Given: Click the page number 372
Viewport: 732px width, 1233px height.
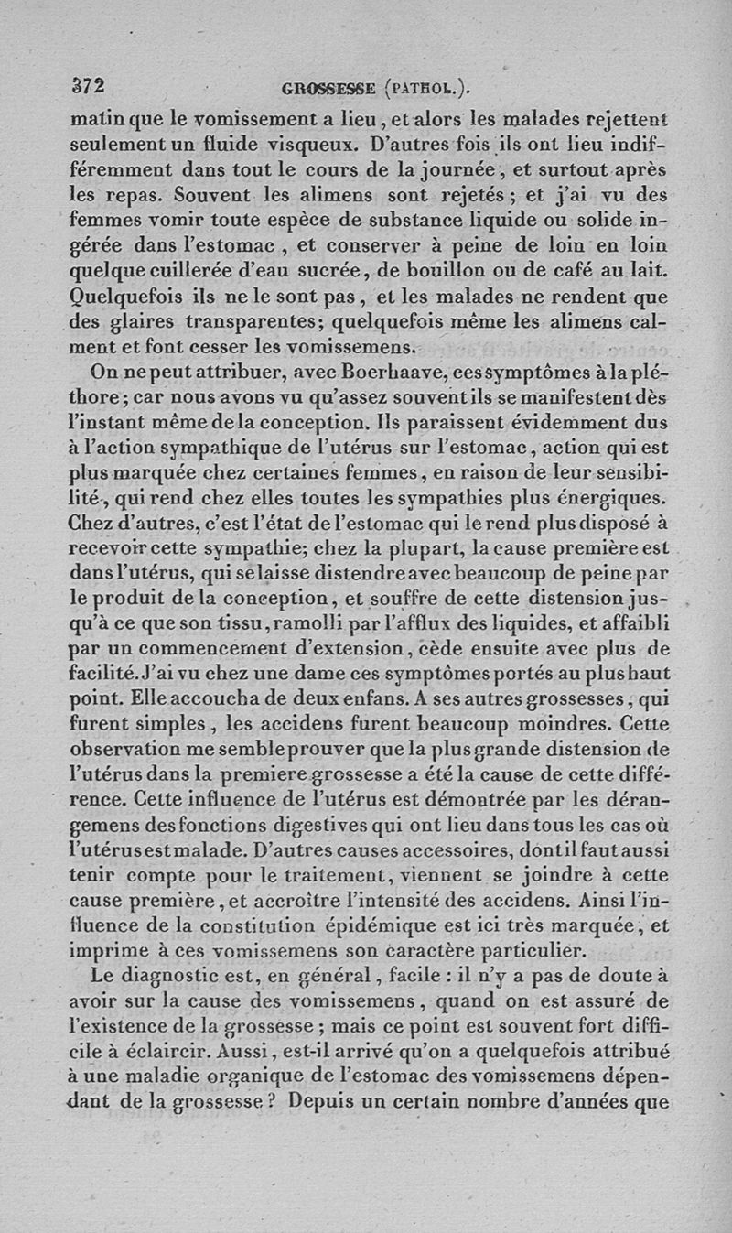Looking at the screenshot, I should tap(90, 86).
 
